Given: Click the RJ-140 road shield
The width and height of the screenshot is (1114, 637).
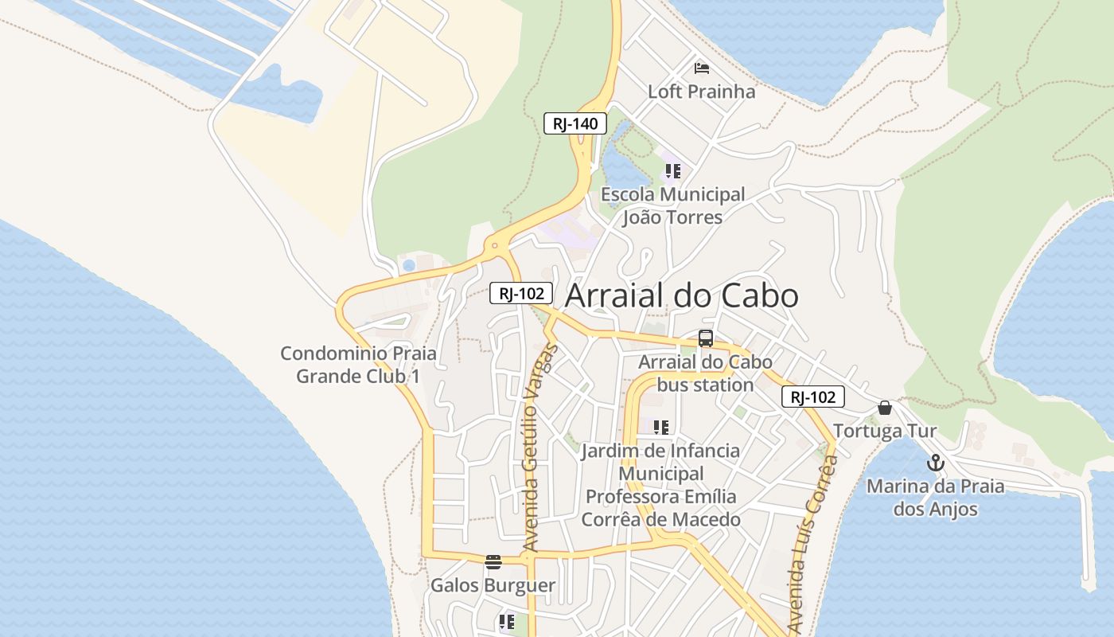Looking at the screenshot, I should (575, 123).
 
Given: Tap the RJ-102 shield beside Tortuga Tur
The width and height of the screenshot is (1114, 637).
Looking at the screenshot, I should (812, 397).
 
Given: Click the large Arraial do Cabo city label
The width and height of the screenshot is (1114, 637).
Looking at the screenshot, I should (681, 295).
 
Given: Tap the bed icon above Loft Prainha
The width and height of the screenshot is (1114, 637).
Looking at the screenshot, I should (701, 68).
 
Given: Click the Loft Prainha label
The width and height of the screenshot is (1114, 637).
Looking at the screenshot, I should (701, 92).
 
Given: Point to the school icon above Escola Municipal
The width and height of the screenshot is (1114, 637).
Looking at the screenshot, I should (673, 171).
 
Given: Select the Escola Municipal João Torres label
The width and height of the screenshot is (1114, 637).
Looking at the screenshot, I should (672, 205).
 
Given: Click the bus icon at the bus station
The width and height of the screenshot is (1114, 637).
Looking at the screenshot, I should (705, 338).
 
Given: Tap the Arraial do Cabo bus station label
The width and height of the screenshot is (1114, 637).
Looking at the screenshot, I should (705, 373).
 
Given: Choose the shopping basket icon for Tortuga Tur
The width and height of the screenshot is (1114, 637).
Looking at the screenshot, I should (884, 408).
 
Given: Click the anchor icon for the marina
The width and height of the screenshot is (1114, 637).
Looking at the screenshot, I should (936, 463).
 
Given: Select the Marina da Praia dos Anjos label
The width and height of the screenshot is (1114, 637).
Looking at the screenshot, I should (935, 497).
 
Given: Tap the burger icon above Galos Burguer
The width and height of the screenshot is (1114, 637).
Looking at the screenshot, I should (493, 562).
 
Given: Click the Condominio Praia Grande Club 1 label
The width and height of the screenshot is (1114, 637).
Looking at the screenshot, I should (358, 364).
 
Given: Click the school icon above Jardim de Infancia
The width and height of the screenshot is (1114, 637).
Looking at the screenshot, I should (660, 428).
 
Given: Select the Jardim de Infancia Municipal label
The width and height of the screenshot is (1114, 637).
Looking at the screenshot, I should (660, 485).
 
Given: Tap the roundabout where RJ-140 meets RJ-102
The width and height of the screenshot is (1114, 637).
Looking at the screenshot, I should (496, 247).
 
